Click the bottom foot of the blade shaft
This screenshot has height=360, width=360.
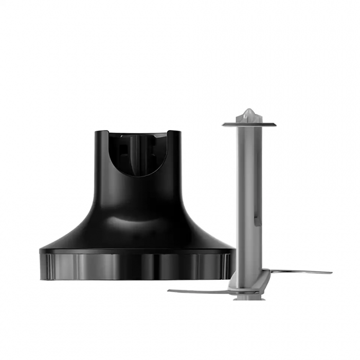click(x=249, y=297)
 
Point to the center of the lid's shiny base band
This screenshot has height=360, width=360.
click(x=138, y=266)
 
